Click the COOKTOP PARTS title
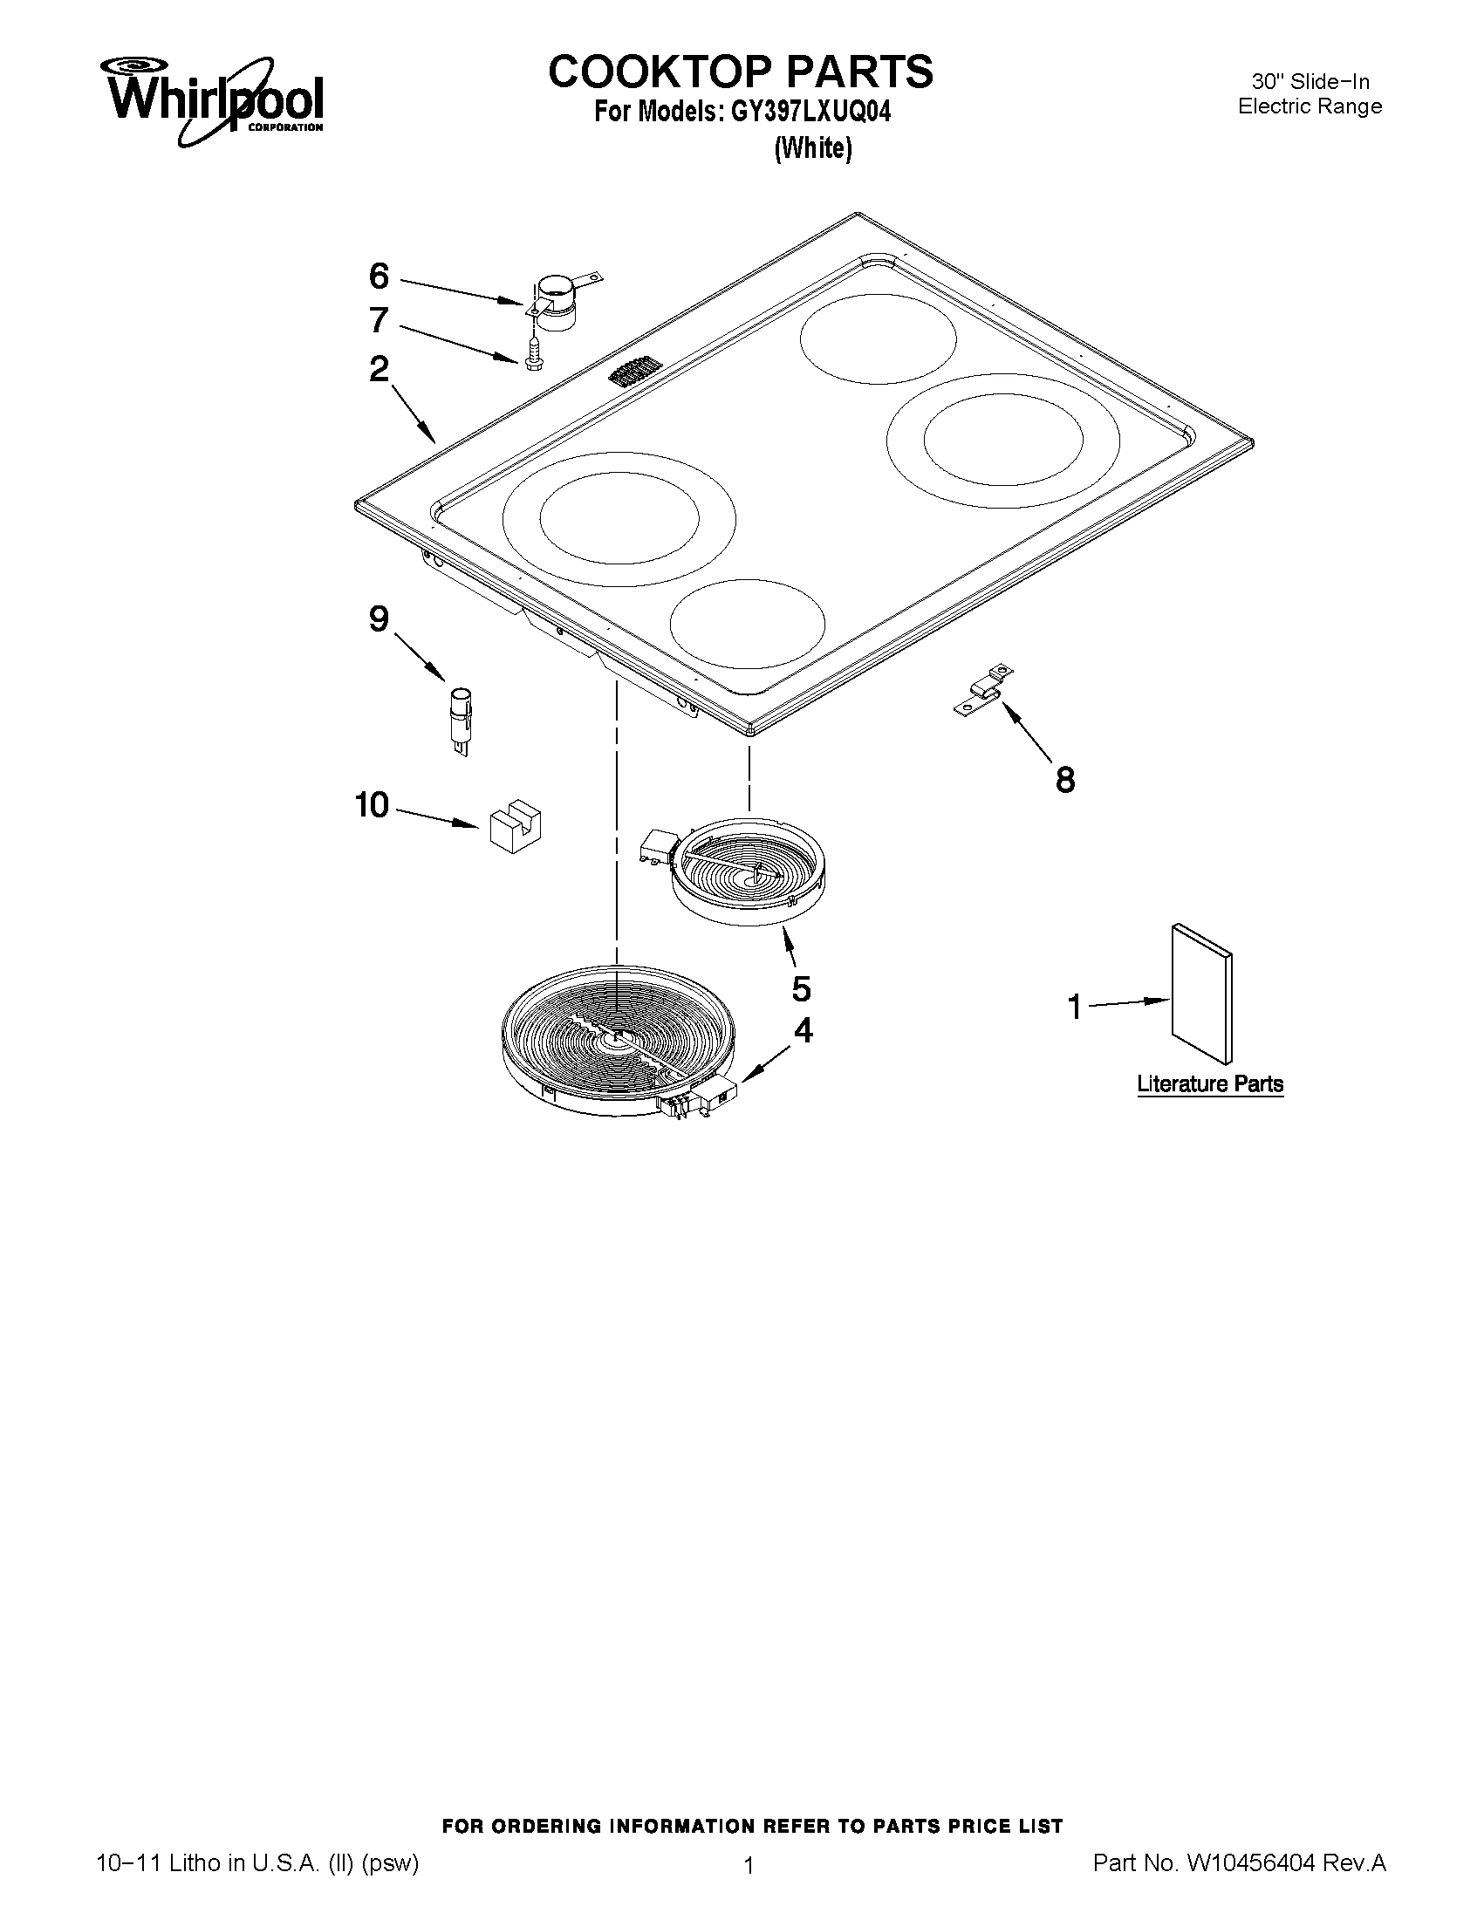click(x=740, y=72)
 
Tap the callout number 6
click(x=378, y=277)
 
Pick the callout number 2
click(x=379, y=369)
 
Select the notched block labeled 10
click(x=515, y=825)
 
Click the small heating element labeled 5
click(x=748, y=874)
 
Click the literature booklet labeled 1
click(x=1201, y=994)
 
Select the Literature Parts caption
click(x=1210, y=1084)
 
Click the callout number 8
click(x=1064, y=780)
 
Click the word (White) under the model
click(x=813, y=148)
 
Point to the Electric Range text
click(x=1309, y=106)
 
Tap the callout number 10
click(x=372, y=804)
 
